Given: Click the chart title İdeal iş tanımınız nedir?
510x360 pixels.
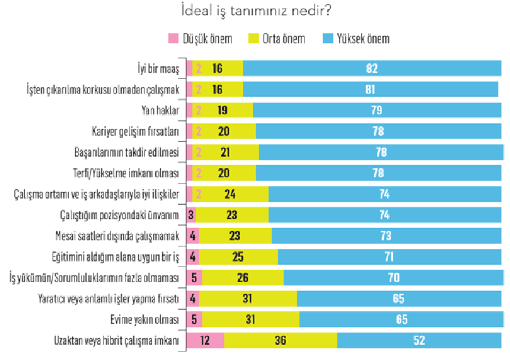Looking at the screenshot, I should pos(255,12).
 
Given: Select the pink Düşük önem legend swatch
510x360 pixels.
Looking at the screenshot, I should pos(174,39).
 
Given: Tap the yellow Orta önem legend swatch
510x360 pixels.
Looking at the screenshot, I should pos(251,39).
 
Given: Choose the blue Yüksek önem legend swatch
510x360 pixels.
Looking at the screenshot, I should pos(326,39).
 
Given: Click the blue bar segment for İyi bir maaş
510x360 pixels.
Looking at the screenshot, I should pos(372,68).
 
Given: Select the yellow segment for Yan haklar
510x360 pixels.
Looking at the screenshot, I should pos(222,110).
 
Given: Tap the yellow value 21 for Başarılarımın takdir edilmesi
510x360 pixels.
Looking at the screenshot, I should pos(225,152).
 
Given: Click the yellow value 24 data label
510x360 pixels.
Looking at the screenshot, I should pos(231,195).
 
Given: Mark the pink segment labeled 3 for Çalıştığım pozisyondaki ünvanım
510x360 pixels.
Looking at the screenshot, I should pos(191,215).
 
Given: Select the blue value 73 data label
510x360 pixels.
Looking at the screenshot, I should pos(385,236).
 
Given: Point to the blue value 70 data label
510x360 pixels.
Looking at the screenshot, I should pos(393,278).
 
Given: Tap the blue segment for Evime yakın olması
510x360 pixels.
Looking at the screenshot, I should pos(401,320).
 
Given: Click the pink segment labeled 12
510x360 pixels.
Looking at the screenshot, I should pos(205,341).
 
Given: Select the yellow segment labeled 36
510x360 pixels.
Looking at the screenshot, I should pos(280,341).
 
